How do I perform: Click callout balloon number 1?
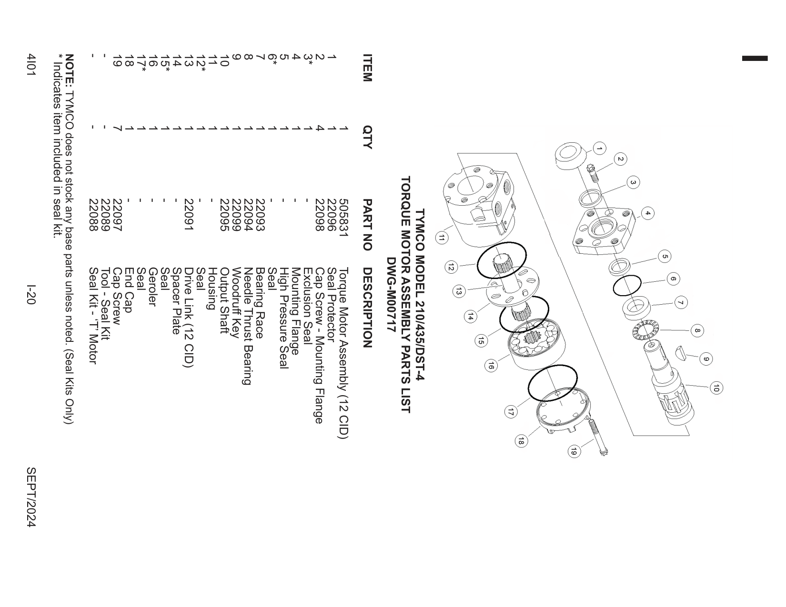(x=599, y=149)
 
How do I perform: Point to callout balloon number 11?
(x=441, y=239)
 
